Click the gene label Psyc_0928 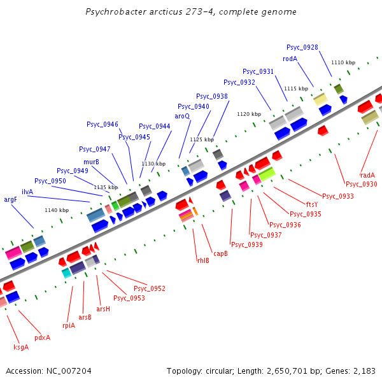click(302, 47)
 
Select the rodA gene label click(290, 59)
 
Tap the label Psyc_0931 click(258, 71)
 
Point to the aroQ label click(182, 116)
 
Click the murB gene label click(91, 162)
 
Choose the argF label click(10, 199)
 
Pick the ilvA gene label click(27, 192)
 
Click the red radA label click(367, 175)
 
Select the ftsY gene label click(312, 204)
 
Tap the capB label click(220, 253)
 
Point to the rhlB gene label click(202, 260)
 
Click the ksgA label click(21, 347)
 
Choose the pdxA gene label click(42, 337)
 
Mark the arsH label click(103, 309)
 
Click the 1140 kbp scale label click(56, 210)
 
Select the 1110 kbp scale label click(343, 62)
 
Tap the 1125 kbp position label click(201, 139)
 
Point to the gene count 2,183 click(364, 371)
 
